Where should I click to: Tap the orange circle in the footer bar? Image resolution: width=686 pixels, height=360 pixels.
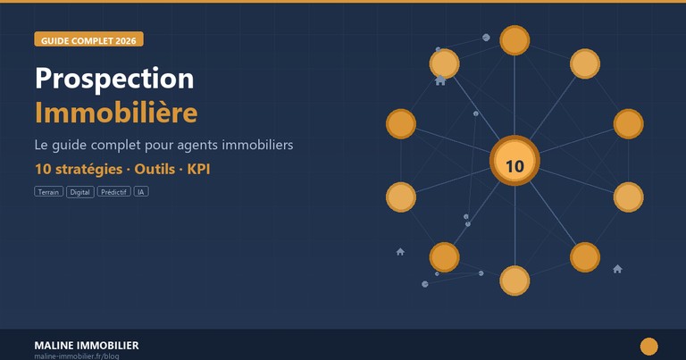pyautogui.click(x=648, y=347)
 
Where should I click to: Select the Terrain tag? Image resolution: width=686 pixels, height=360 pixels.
pyautogui.click(x=49, y=192)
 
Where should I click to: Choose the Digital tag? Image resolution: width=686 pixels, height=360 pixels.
pyautogui.click(x=80, y=192)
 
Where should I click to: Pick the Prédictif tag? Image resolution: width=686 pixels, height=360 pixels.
pyautogui.click(x=114, y=192)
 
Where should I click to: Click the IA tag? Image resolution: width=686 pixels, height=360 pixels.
pyautogui.click(x=141, y=192)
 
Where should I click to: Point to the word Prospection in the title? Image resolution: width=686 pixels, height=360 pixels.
pyautogui.click(x=114, y=79)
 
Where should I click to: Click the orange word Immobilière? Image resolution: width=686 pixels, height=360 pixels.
pyautogui.click(x=116, y=113)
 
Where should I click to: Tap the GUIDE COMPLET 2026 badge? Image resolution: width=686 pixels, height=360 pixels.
pyautogui.click(x=88, y=40)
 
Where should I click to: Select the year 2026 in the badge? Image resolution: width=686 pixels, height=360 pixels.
pyautogui.click(x=125, y=40)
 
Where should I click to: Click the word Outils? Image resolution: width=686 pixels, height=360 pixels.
pyautogui.click(x=155, y=168)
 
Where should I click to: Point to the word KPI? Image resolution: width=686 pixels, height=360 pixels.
pyautogui.click(x=198, y=168)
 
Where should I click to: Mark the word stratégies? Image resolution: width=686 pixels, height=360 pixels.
pyautogui.click(x=88, y=168)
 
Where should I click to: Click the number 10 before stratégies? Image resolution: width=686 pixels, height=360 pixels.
pyautogui.click(x=43, y=168)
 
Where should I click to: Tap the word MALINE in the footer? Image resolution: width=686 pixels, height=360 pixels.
pyautogui.click(x=54, y=345)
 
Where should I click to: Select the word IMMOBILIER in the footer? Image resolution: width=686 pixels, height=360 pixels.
pyautogui.click(x=108, y=345)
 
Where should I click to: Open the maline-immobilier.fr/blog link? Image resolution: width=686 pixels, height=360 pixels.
pyautogui.click(x=76, y=356)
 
